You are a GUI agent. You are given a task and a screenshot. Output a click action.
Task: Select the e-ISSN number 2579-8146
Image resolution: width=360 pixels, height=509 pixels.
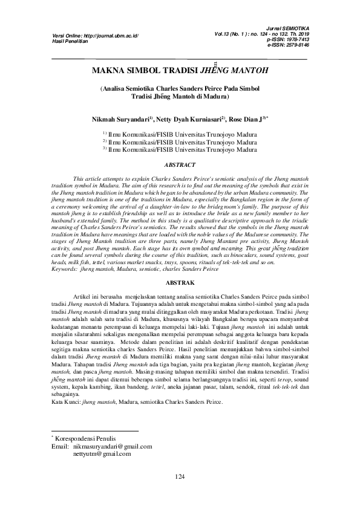coord(296,45)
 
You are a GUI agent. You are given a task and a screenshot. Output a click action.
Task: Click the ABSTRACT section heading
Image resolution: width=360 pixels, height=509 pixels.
coord(180,164)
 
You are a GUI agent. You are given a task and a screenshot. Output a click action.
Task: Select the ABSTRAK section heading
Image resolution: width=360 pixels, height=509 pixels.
coord(180,282)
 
